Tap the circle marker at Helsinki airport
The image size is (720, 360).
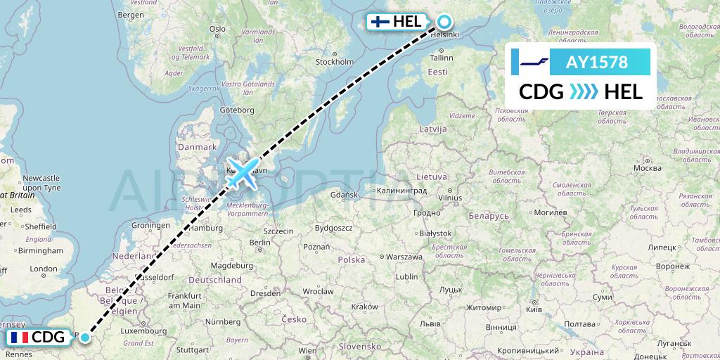click(x=445, y=22)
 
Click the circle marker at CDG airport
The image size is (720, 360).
click(x=85, y=337)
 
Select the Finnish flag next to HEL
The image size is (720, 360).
click(x=380, y=22)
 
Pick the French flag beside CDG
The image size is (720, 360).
click(x=20, y=338)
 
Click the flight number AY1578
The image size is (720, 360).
click(x=596, y=62)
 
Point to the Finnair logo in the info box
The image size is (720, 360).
click(x=535, y=62)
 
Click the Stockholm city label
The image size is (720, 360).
click(x=334, y=62)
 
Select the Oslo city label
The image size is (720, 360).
click(x=217, y=29)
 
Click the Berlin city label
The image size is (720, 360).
click(x=260, y=243)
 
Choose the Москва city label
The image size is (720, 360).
click(x=647, y=168)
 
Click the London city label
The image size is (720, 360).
click(x=44, y=269)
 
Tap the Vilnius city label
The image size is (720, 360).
click(x=449, y=199)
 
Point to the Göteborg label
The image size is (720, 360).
click(x=237, y=110)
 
